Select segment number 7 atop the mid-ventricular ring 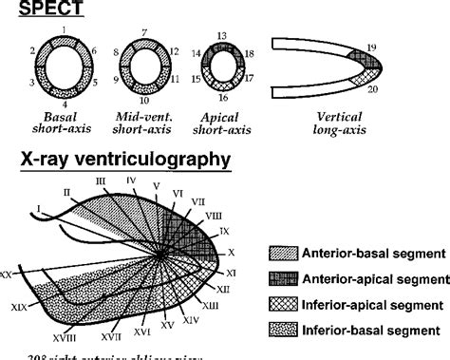pyautogui.click(x=143, y=31)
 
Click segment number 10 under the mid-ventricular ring pyautogui.click(x=143, y=100)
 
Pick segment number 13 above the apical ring pyautogui.click(x=222, y=35)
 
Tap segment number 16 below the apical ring pyautogui.click(x=222, y=98)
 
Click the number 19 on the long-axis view pyautogui.click(x=371, y=46)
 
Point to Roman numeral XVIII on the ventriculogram pyautogui.click(x=66, y=336)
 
